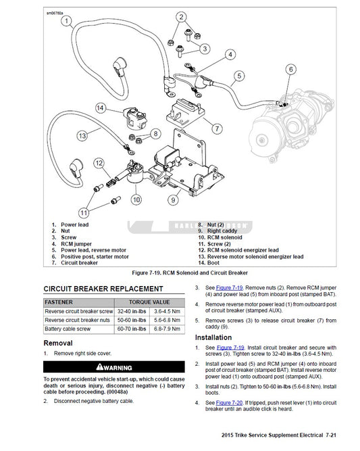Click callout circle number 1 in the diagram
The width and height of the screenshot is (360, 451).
pos(66,20)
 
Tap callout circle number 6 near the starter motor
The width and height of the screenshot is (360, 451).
pos(290,69)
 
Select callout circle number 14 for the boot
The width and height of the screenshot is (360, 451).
pos(100,108)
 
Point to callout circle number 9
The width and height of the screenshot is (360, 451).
pos(173,199)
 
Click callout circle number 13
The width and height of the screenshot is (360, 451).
pos(82,136)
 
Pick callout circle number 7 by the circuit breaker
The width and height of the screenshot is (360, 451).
pos(216,128)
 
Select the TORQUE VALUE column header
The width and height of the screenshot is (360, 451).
pos(151,302)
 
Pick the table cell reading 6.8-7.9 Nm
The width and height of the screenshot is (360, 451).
pos(166,328)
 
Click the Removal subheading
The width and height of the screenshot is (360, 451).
pos(58,343)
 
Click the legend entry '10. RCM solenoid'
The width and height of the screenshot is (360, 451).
pos(221,238)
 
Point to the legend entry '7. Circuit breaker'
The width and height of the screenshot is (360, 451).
pos(80,262)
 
